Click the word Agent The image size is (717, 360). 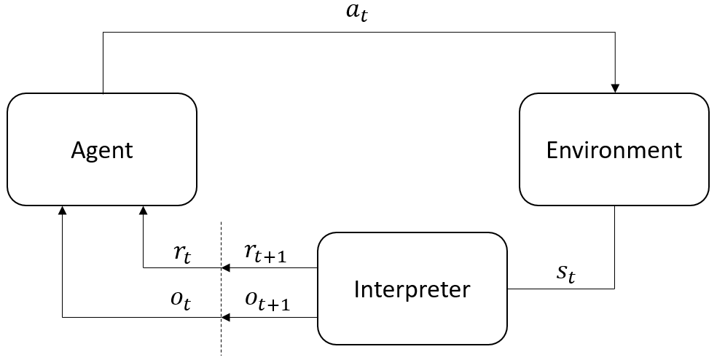102,150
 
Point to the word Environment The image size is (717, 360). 614,150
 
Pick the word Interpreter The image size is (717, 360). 412,289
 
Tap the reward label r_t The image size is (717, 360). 182,253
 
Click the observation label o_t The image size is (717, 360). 182,302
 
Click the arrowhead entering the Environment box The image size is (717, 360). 615,89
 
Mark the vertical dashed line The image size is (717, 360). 221,335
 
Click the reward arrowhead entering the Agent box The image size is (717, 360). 143,211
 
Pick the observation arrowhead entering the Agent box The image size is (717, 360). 63,211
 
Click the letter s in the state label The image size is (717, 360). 561,271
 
